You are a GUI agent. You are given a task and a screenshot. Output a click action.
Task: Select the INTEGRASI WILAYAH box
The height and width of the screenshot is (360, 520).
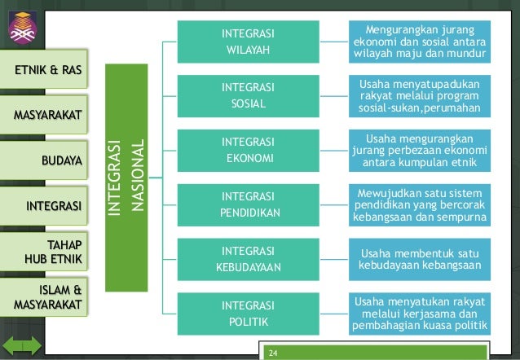[x=248, y=42]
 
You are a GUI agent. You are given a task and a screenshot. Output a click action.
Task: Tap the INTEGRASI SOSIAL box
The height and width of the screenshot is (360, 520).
[x=248, y=96]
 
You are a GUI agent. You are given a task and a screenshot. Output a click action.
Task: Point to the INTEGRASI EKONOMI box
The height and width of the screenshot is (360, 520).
[x=248, y=150]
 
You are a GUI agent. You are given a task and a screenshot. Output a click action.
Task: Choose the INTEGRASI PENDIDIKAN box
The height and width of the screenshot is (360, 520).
[x=248, y=204]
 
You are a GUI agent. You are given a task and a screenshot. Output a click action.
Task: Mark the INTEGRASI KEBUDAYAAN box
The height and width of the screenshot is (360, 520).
[x=248, y=259]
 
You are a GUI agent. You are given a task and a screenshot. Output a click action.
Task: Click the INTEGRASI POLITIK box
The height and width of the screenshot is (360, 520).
[x=248, y=313]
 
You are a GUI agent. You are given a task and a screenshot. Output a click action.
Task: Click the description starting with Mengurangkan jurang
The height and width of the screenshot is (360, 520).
[x=420, y=42]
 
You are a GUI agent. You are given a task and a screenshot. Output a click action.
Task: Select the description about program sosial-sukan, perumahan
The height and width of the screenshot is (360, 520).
[x=420, y=96]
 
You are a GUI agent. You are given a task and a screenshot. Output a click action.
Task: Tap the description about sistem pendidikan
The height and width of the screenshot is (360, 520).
[x=420, y=204]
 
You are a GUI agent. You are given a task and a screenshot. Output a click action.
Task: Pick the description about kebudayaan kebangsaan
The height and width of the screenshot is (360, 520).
[x=420, y=259]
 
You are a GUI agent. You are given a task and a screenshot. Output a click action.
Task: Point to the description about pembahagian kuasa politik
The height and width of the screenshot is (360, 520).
[x=420, y=314]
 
